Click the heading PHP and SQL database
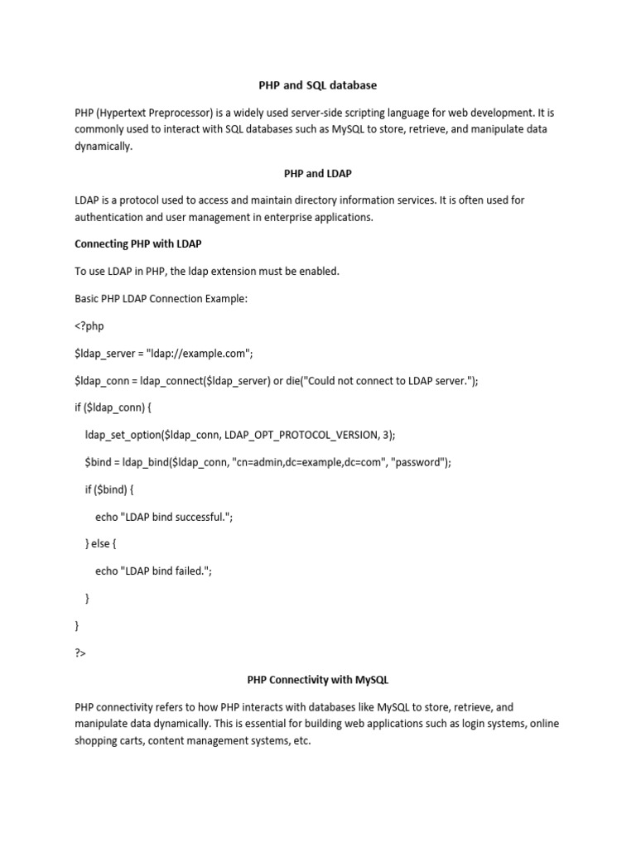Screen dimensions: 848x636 (x=318, y=84)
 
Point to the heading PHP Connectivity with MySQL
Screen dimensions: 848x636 (x=318, y=680)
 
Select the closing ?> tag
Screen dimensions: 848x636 (x=80, y=653)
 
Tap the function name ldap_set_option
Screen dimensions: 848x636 (x=123, y=435)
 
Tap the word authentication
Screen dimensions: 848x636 (x=109, y=218)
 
